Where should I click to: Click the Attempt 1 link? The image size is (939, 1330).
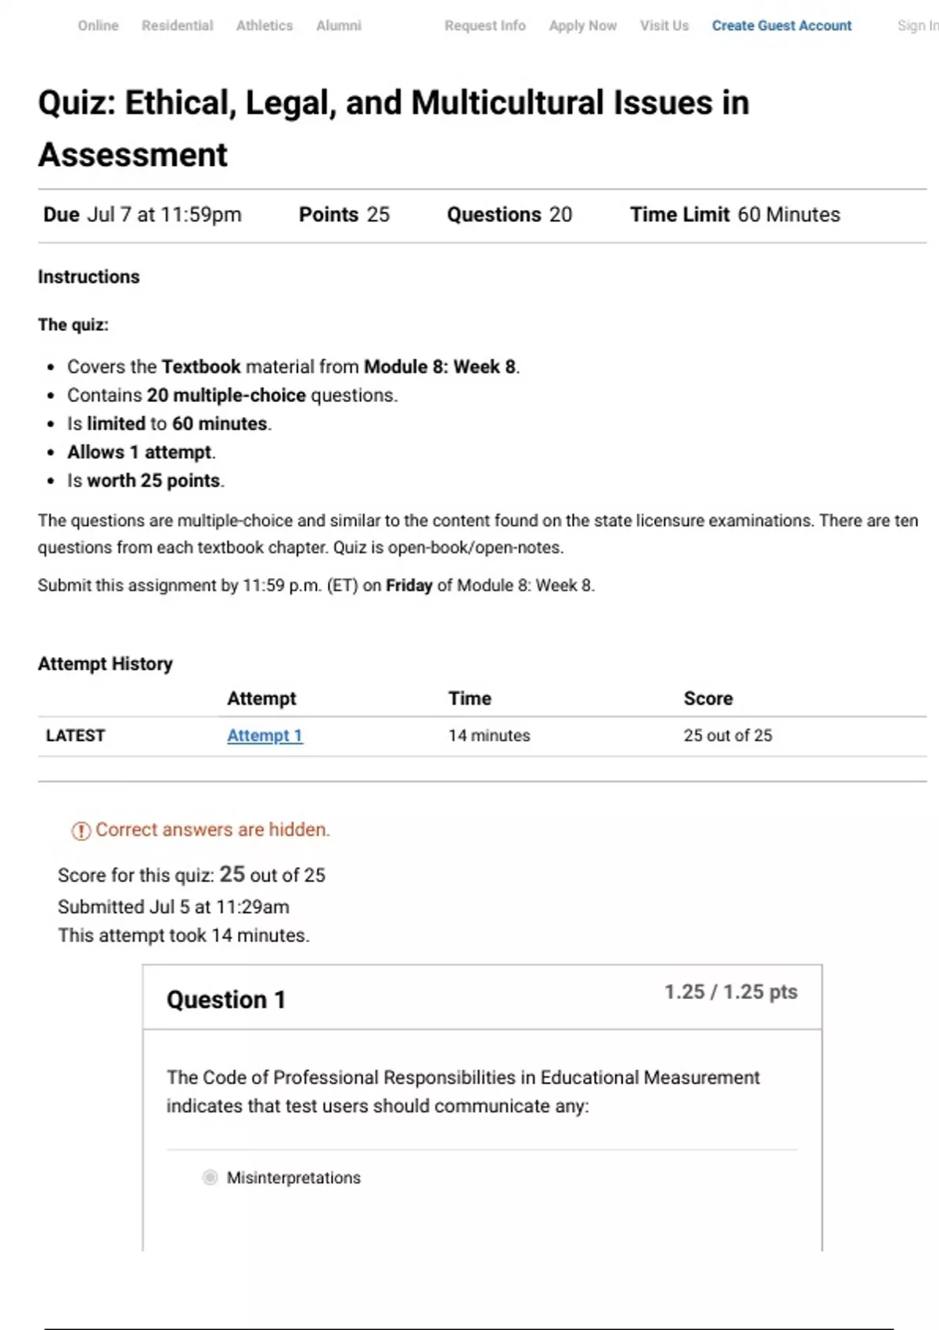pyautogui.click(x=264, y=735)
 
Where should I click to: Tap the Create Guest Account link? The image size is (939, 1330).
pyautogui.click(x=781, y=26)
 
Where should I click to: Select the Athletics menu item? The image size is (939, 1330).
pyautogui.click(x=264, y=26)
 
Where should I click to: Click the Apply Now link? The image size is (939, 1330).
pyautogui.click(x=582, y=26)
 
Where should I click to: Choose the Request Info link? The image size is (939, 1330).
pyautogui.click(x=484, y=26)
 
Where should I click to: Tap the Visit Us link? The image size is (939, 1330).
pyautogui.click(x=664, y=26)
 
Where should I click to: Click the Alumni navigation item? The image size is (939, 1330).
pyautogui.click(x=339, y=26)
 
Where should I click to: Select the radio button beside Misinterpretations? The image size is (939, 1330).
pyautogui.click(x=210, y=1177)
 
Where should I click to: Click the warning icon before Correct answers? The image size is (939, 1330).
pyautogui.click(x=81, y=831)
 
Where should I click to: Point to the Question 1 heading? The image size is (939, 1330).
pyautogui.click(x=225, y=1000)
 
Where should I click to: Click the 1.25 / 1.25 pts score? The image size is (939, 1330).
pyautogui.click(x=731, y=992)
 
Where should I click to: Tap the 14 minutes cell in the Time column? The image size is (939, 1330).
pyautogui.click(x=489, y=735)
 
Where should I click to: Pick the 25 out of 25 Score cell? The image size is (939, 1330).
pyautogui.click(x=728, y=735)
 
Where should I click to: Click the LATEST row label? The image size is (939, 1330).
pyautogui.click(x=75, y=735)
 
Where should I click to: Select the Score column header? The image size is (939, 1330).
pyautogui.click(x=708, y=699)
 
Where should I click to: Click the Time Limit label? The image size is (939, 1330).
pyautogui.click(x=679, y=214)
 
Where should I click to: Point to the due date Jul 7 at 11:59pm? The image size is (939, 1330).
pyautogui.click(x=164, y=214)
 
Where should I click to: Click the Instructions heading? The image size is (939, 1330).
pyautogui.click(x=88, y=277)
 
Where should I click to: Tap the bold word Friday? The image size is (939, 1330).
pyautogui.click(x=408, y=586)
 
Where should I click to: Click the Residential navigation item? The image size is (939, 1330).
pyautogui.click(x=177, y=26)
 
